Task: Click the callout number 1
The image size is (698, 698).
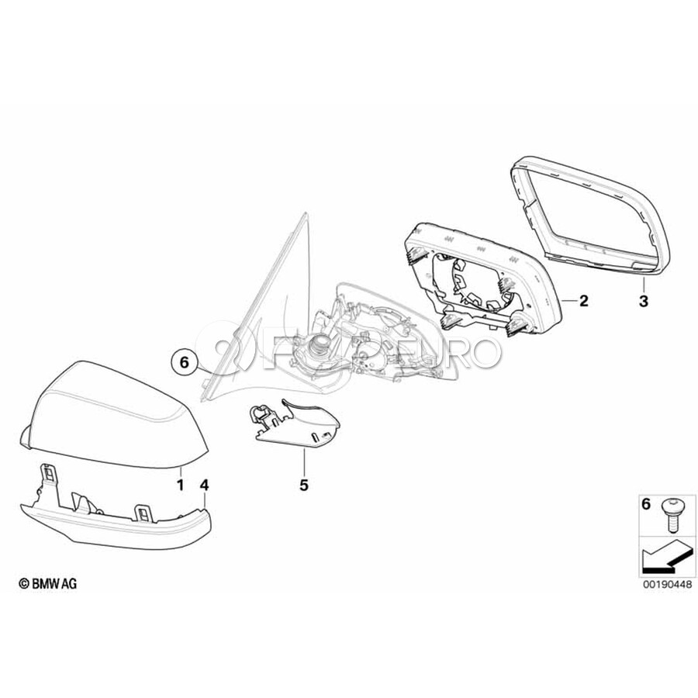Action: coord(180,484)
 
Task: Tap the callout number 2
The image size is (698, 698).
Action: coord(583,302)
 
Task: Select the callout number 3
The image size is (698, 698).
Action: coord(644,302)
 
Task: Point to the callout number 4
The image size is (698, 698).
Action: coord(204,485)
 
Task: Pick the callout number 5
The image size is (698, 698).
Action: coord(303,485)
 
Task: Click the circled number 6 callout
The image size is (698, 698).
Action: coord(184,363)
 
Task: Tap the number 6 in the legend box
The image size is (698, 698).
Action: coord(645,505)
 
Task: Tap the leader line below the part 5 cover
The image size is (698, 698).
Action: coord(304,462)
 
